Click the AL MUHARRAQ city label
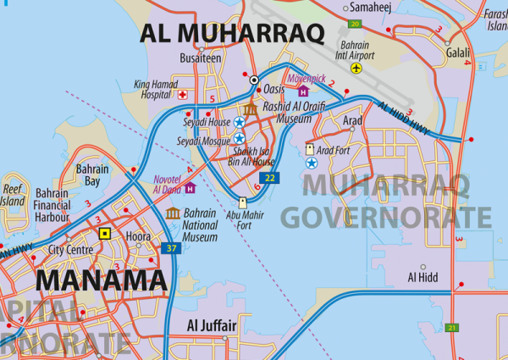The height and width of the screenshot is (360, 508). [x=233, y=33]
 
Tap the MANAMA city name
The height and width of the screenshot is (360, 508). [x=101, y=280]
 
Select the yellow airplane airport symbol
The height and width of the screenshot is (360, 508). [x=356, y=67]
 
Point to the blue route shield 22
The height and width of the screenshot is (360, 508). [x=269, y=177]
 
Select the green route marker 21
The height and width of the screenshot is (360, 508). [x=452, y=327]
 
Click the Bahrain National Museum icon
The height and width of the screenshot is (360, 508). [x=173, y=213]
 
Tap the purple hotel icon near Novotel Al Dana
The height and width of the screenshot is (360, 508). [x=190, y=187]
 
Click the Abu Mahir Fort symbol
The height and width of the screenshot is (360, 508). [x=243, y=203]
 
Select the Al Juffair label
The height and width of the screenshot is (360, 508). [x=212, y=325]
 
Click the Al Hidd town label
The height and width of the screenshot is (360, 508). [x=423, y=277]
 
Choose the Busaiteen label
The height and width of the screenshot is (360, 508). [x=201, y=58]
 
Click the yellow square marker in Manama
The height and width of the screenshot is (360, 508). [x=105, y=233]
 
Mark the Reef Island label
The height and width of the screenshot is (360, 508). [x=13, y=196]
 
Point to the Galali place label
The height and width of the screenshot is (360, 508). [x=457, y=51]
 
